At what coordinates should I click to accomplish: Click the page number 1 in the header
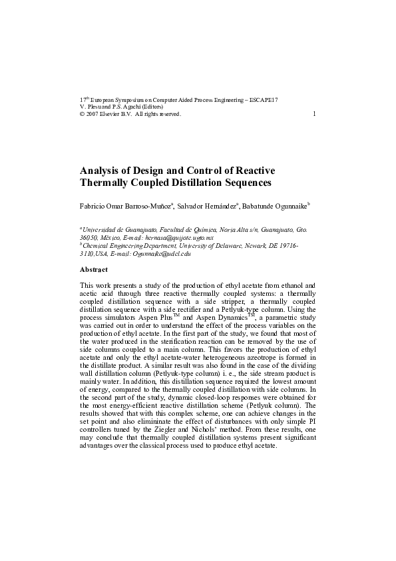coord(313,114)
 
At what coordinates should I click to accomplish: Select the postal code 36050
coord(89,237)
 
